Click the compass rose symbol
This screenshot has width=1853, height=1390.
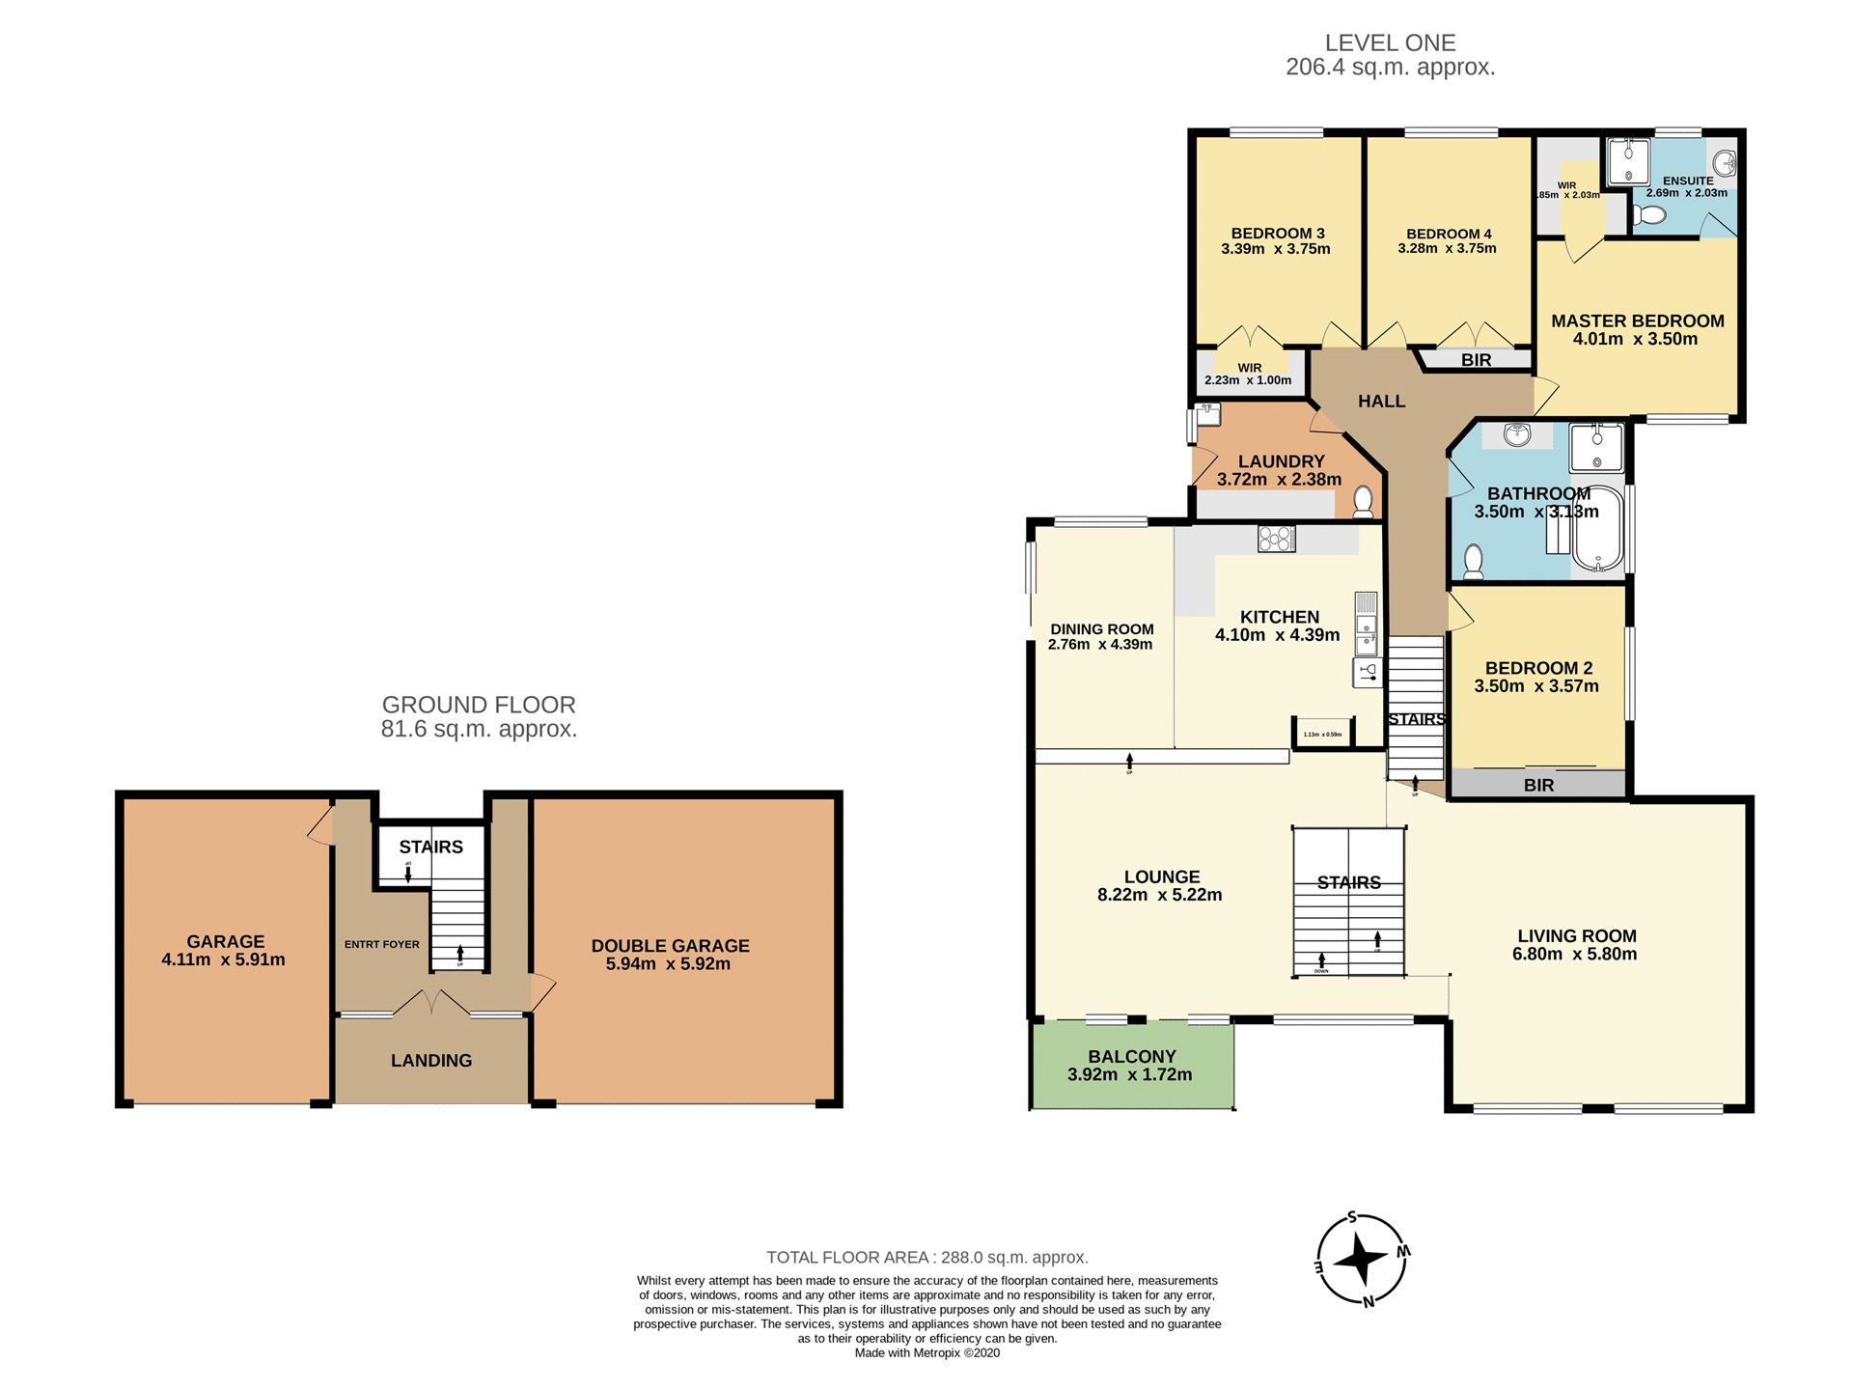[x=1361, y=1260]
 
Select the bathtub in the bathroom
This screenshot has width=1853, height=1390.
[x=1598, y=529]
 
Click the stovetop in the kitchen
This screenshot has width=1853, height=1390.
[x=1276, y=539]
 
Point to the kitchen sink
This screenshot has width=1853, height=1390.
[x=1366, y=637]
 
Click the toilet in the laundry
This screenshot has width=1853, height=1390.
[x=1363, y=501]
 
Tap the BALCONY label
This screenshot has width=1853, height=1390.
[x=1131, y=1056]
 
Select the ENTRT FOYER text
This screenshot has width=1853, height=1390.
[x=381, y=944]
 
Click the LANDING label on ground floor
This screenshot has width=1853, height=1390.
[x=430, y=1060]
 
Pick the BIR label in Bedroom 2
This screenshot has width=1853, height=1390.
[x=1538, y=785]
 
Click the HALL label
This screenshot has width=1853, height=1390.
[x=1381, y=401]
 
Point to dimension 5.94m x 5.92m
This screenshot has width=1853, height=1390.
[x=668, y=963]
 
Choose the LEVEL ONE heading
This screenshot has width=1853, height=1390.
[x=1390, y=42]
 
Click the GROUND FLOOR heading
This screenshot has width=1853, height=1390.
[x=479, y=705]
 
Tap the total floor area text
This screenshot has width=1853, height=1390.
[x=926, y=1257]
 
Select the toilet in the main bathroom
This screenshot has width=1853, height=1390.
[x=1474, y=559]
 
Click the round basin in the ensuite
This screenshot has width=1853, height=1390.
[x=1725, y=163]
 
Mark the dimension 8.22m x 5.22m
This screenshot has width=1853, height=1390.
[x=1159, y=895]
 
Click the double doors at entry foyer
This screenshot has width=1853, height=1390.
[x=431, y=1003]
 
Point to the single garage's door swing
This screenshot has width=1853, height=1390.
[x=319, y=828]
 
